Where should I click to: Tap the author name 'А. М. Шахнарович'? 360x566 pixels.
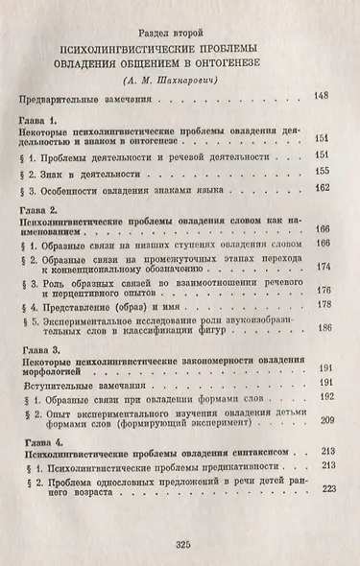click(180, 80)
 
